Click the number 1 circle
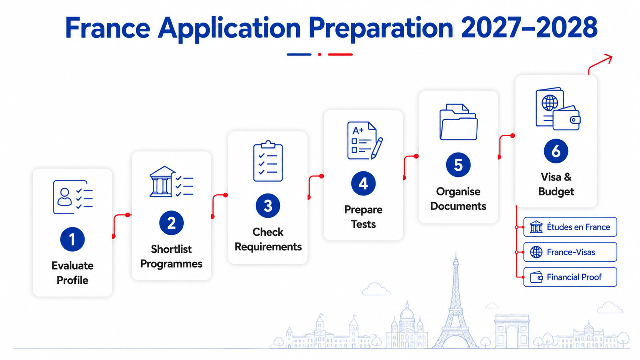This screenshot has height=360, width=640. pos(72,239)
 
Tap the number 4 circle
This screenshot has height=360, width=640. pos(363,183)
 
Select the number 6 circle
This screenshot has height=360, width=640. pos(556,151)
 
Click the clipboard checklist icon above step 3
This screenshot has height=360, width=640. pos(268,161)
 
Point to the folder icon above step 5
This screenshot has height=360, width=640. pos(458,122)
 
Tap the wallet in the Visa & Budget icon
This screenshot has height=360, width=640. pos(567,118)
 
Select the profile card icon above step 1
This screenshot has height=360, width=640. pos(73,197)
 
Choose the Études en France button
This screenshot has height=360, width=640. pos(570,227)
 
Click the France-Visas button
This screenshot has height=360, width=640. pos(570,252)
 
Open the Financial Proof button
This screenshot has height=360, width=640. pos(570,277)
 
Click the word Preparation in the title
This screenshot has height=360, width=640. pos(381,28)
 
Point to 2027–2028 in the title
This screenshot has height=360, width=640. pos(529,28)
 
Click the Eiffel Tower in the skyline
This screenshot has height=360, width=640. pos(456,303)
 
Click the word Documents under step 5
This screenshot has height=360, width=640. pos(458,206)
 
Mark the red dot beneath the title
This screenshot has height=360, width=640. pos(320,54)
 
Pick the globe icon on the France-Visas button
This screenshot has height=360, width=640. pos(536,252)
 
